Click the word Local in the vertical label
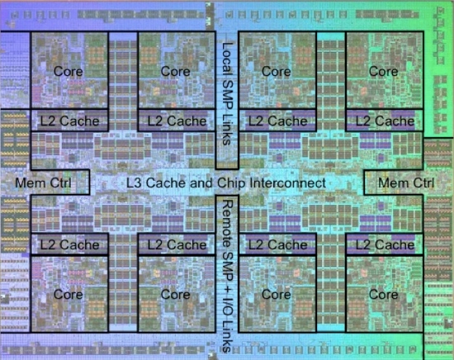[227, 60]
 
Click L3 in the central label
[135, 182]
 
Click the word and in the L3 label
[201, 182]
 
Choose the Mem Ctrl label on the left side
[43, 182]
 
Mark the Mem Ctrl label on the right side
[406, 182]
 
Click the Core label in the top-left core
[69, 71]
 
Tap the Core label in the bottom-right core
[384, 295]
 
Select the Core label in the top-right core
[384, 71]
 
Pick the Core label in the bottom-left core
[69, 295]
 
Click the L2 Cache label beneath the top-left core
[70, 121]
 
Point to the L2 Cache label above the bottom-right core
[385, 244]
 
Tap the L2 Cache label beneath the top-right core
[385, 121]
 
